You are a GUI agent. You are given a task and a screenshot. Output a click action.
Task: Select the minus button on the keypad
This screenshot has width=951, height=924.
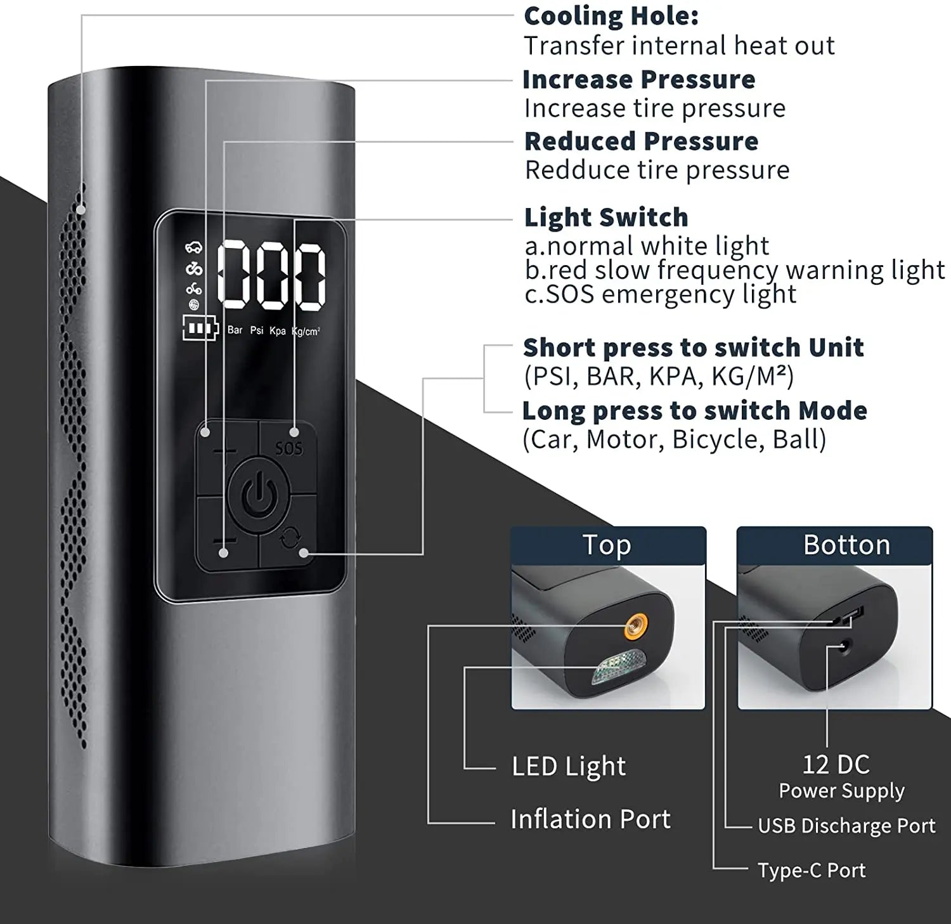click(224, 541)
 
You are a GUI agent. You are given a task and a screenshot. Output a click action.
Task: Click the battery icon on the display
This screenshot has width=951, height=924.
click(200, 328)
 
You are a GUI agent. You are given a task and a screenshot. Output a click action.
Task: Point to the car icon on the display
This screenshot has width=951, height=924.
click(193, 248)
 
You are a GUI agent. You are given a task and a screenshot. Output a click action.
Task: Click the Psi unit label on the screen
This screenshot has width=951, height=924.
click(257, 330)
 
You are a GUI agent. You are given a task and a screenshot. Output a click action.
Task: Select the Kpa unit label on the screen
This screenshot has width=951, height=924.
click(278, 330)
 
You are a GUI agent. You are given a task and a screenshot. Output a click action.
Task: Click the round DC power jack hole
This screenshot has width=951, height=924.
click(844, 647)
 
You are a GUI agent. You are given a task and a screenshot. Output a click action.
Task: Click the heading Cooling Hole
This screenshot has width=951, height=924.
click(611, 16)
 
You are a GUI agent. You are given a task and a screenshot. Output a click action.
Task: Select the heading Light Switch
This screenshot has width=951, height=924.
click(605, 218)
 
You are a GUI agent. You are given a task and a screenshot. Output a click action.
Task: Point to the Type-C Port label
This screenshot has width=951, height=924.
click(812, 870)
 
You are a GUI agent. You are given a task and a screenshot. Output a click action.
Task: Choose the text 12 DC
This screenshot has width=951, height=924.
click(836, 764)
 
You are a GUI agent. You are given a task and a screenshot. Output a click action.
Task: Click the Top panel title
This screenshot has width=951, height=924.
click(607, 545)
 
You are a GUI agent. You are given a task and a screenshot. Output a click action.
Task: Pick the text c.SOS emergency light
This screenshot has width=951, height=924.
click(660, 294)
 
